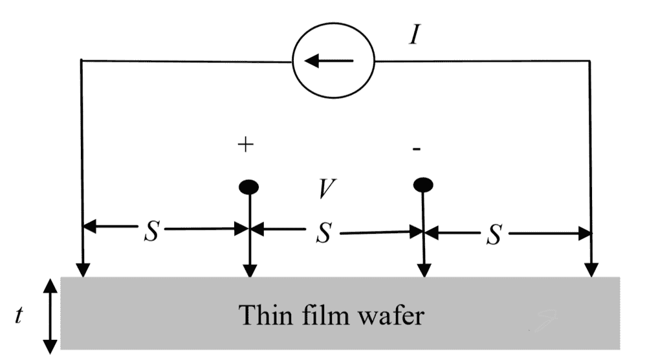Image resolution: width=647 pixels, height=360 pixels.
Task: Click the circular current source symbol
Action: (333, 62)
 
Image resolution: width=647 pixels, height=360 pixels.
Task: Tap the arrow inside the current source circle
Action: (329, 62)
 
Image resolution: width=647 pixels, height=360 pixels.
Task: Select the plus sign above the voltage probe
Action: (245, 145)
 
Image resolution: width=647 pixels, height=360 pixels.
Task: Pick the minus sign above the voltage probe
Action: (417, 149)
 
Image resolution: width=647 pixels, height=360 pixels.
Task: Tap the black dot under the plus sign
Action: (249, 187)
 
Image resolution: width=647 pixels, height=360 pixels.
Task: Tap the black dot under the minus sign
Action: (423, 186)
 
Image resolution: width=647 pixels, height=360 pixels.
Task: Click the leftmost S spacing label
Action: (151, 234)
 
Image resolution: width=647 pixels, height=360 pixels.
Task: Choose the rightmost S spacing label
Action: (495, 236)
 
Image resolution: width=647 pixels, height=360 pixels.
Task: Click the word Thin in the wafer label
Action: (264, 315)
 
